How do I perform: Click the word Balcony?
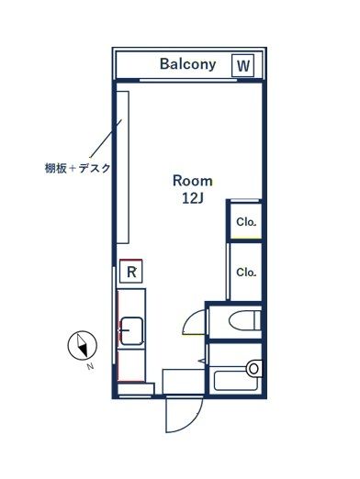coord(187,64)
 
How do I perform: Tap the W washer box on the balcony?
coord(243,65)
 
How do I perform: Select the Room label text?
coord(193,180)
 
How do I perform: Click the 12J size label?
coord(193,197)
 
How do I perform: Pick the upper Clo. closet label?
coord(245,221)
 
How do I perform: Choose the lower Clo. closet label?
coord(245,272)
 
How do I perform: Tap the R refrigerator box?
coord(131,272)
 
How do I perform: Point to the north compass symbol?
coord(84,345)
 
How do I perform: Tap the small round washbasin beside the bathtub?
coord(254,368)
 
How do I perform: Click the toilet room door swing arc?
coord(195,322)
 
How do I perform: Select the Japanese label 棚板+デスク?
coord(77,168)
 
